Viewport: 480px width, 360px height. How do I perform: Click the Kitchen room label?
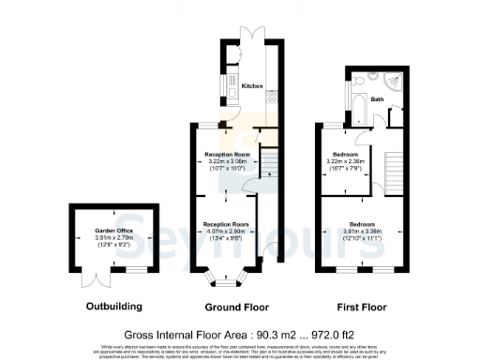[x=252, y=86]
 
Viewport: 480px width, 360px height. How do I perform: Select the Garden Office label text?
[x=113, y=231]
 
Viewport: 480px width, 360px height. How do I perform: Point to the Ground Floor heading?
[x=236, y=306]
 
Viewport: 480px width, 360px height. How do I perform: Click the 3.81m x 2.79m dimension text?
[x=113, y=238]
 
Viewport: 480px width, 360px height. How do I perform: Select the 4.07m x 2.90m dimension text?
[x=227, y=231]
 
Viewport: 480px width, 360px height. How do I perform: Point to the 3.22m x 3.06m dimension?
[x=227, y=161]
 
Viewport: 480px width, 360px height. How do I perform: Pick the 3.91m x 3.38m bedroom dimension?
[x=363, y=232]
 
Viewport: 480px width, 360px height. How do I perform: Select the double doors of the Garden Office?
[x=93, y=278]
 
